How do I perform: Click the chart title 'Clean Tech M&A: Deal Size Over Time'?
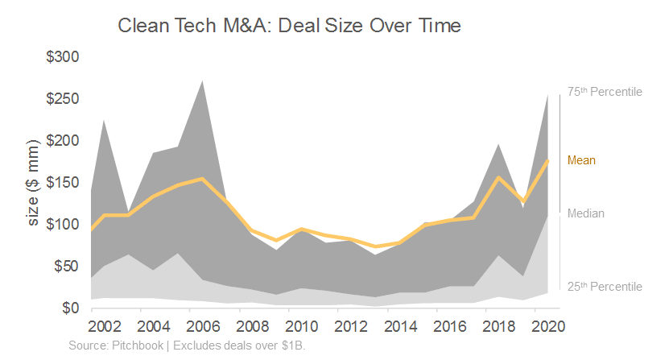(289, 26)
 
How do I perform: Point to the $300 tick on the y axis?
(63, 57)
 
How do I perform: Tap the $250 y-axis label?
(63, 99)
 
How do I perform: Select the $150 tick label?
(63, 183)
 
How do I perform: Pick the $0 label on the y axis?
(70, 308)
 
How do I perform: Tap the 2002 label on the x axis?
(105, 327)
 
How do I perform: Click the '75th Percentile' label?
(605, 92)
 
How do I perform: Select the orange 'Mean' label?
(581, 160)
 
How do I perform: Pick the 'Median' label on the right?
(585, 213)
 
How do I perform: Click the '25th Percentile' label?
(605, 287)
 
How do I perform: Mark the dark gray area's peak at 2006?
(202, 81)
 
